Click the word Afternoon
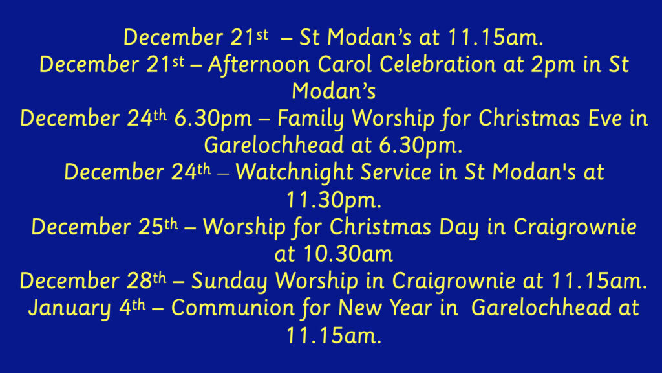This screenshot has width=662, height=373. pyautogui.click(x=259, y=65)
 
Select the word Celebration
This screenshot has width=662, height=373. pyautogui.click(x=438, y=65)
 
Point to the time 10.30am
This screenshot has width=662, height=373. pyautogui.click(x=348, y=254)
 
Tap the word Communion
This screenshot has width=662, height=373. pyautogui.click(x=232, y=308)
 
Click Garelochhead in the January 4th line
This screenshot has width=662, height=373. pyautogui.click(x=541, y=308)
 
